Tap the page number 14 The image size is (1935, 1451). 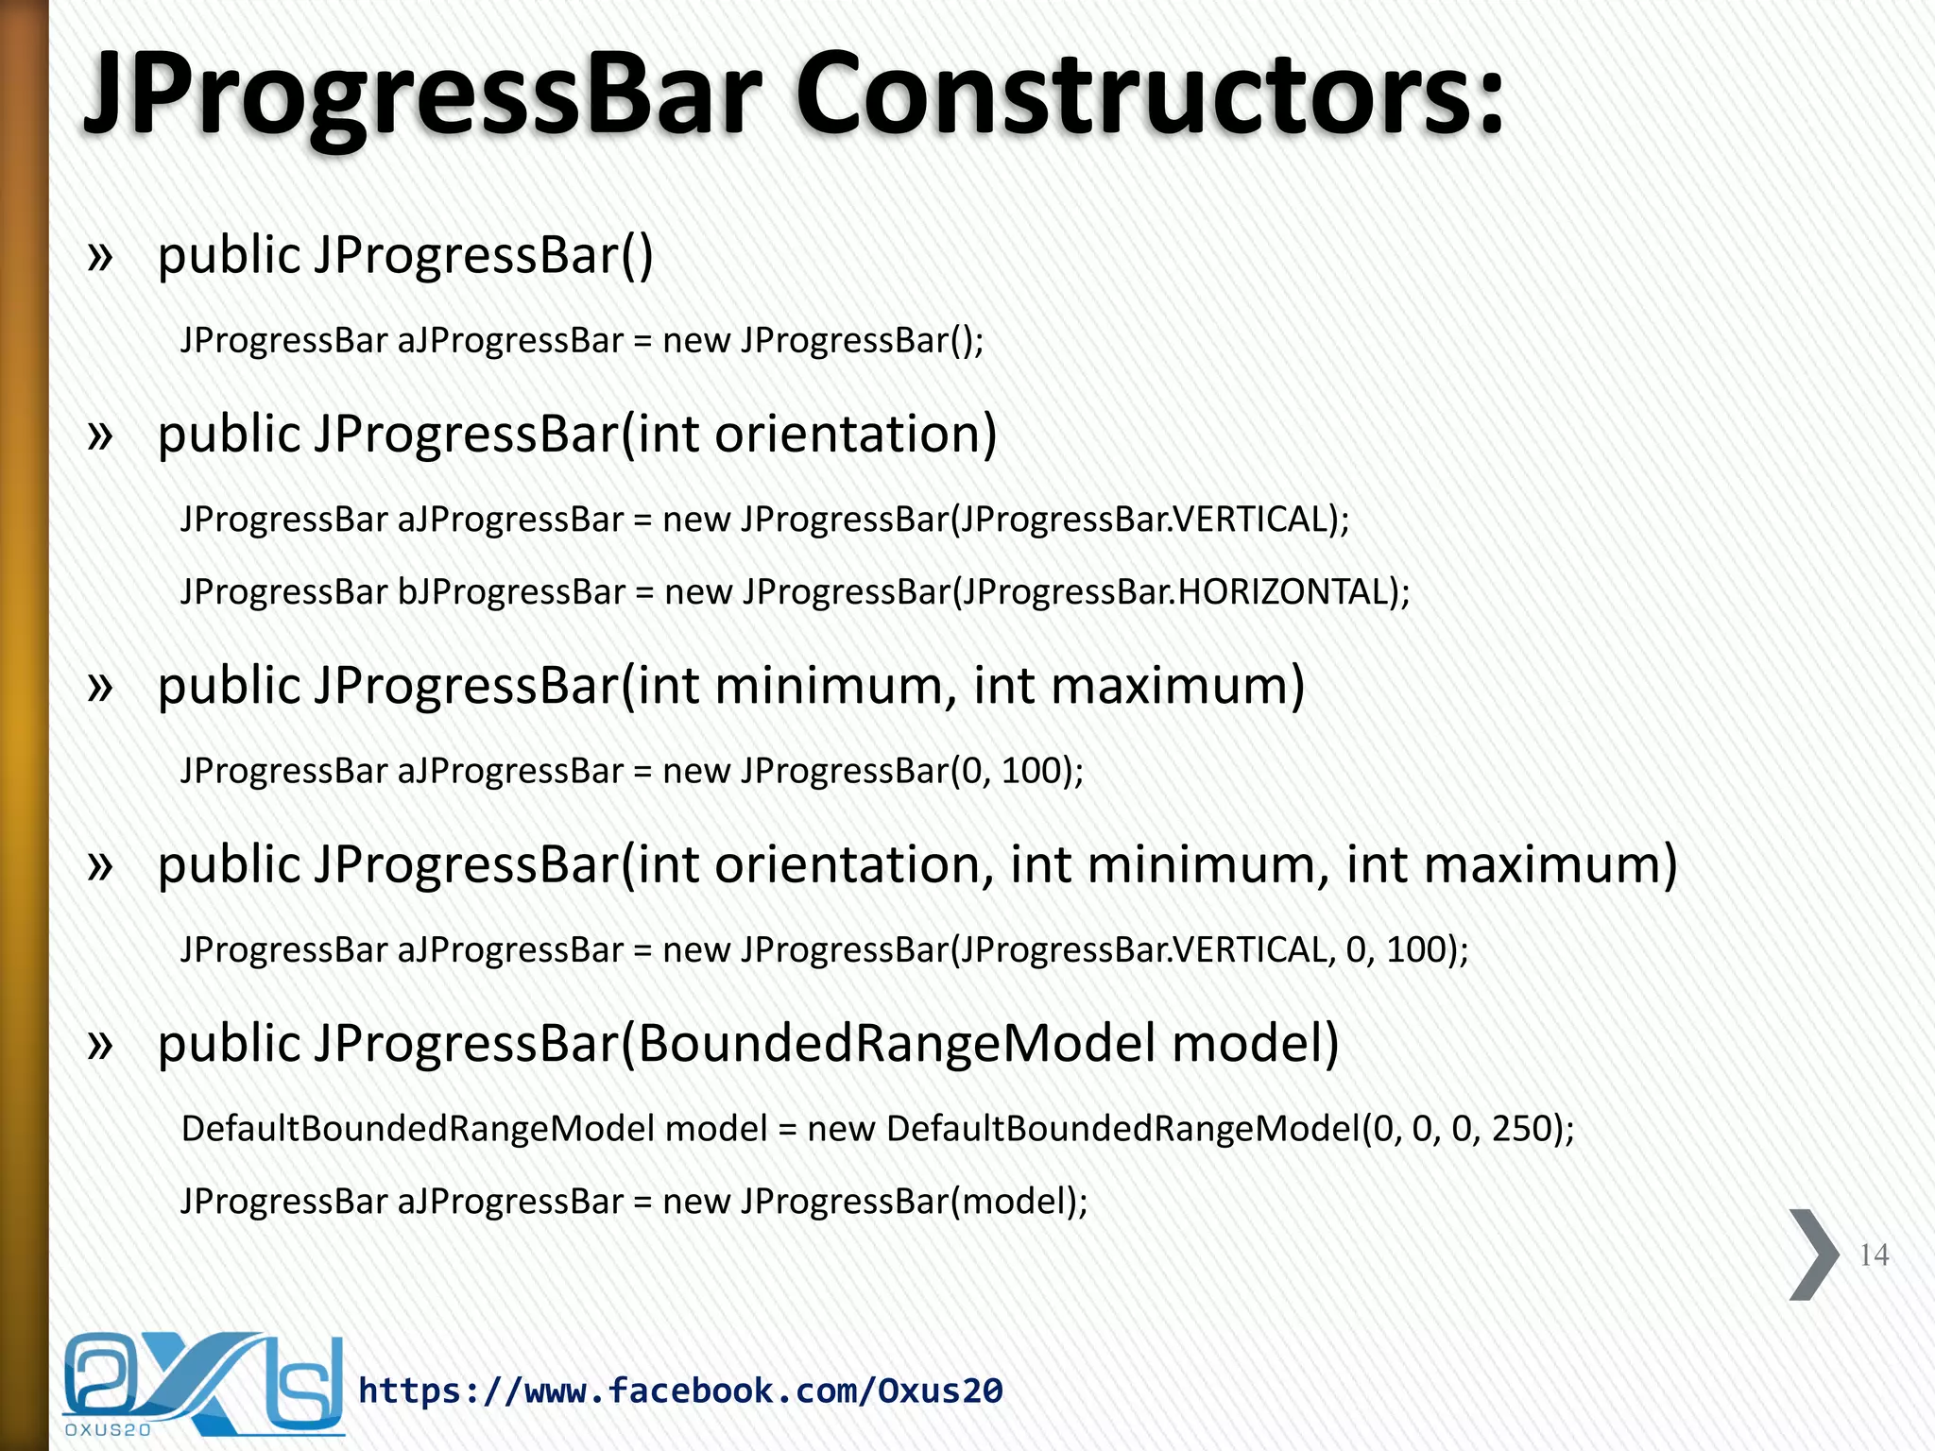click(x=1874, y=1255)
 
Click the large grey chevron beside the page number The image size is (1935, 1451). click(x=1813, y=1255)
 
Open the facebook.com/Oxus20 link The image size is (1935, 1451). click(x=680, y=1391)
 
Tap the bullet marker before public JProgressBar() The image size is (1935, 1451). click(x=99, y=256)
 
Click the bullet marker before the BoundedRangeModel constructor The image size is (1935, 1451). click(x=99, y=1044)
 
